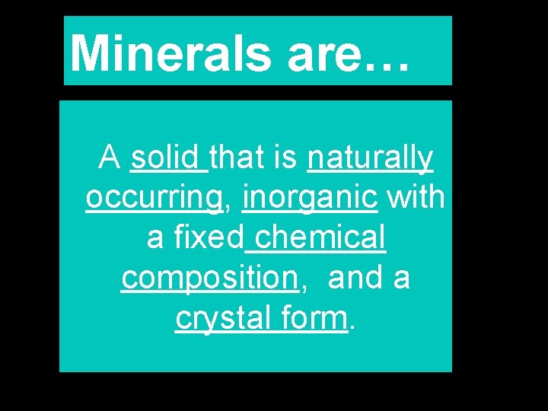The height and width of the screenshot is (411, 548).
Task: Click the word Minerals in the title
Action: [171, 53]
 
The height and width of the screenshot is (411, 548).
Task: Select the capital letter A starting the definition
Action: [110, 158]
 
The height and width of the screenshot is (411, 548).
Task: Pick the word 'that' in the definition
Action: [241, 158]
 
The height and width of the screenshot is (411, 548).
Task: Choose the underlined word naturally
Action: [371, 159]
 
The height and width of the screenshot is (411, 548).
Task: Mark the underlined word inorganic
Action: [310, 199]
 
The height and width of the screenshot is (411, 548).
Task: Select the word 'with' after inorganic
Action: [416, 197]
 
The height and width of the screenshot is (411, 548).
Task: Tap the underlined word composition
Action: [209, 279]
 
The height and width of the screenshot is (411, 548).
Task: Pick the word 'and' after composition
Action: [356, 279]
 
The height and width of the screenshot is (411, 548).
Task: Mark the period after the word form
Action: [352, 328]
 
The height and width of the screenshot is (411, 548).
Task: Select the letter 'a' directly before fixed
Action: [155, 239]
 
